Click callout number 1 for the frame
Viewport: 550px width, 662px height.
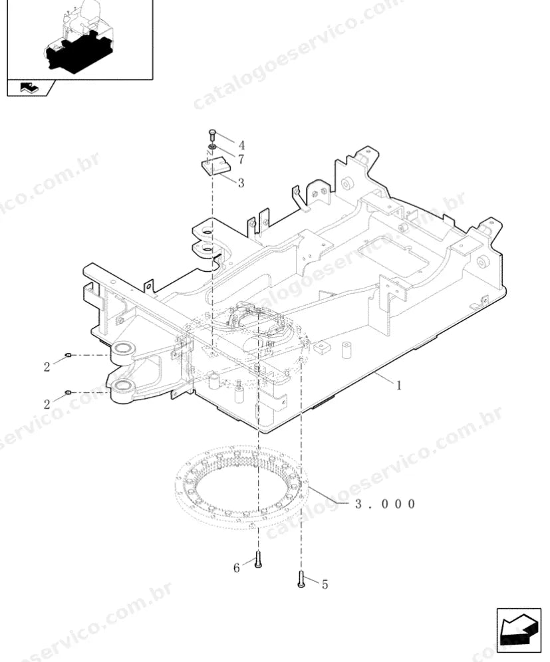click(398, 386)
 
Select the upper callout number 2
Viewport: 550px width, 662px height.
click(47, 367)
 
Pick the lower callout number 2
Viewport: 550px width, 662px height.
click(47, 405)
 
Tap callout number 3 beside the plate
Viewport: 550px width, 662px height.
click(241, 183)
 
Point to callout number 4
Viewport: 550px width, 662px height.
click(241, 146)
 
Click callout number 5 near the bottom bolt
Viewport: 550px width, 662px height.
click(325, 584)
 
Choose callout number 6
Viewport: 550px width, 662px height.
click(237, 568)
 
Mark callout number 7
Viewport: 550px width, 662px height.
click(241, 160)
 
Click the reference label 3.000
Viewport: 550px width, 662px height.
click(385, 504)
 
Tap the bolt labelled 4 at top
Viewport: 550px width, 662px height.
click(212, 136)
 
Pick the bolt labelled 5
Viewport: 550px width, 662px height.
click(301, 579)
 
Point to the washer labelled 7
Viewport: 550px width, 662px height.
click(212, 146)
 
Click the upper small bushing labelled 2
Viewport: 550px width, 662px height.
click(69, 355)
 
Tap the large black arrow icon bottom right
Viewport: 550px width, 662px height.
click(519, 630)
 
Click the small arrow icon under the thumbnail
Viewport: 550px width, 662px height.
click(29, 88)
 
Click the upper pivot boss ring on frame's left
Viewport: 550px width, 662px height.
click(123, 348)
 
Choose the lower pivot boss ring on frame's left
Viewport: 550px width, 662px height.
click(123, 385)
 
